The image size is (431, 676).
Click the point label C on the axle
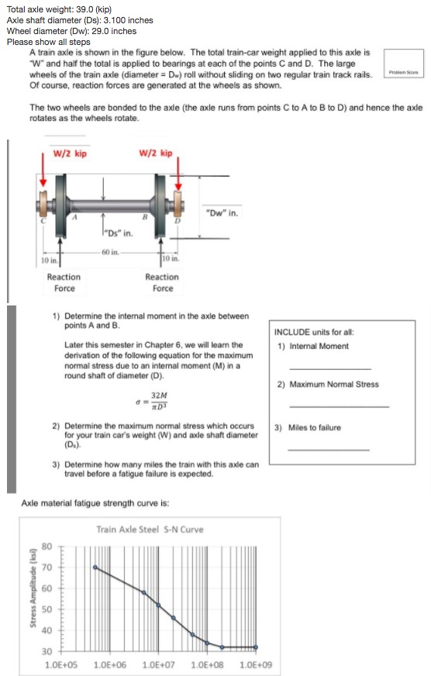pos(44,222)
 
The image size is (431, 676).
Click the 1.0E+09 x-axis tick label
pos(256,664)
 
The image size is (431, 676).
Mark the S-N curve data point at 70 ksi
pos(95,567)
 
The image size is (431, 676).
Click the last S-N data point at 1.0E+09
pos(256,647)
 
